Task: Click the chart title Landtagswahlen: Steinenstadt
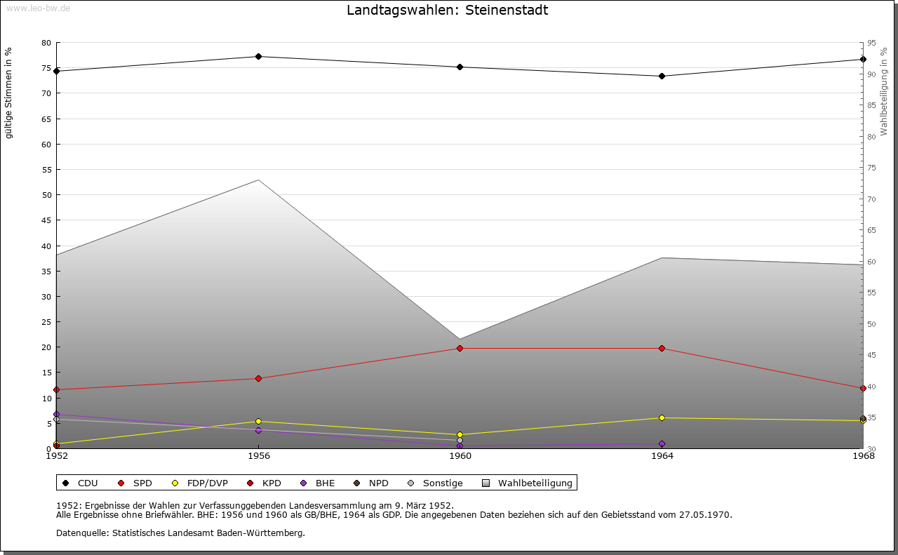click(x=447, y=11)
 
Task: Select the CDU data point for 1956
click(x=258, y=56)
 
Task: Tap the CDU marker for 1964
click(x=662, y=76)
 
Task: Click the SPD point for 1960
click(x=460, y=348)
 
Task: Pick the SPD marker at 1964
click(x=662, y=348)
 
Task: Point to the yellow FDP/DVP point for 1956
click(x=258, y=421)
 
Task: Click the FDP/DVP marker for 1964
click(x=662, y=417)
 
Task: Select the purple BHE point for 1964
click(x=662, y=443)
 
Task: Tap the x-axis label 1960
click(x=460, y=456)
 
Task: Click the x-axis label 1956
click(x=258, y=456)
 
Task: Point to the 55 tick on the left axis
click(x=46, y=170)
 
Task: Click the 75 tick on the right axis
click(x=871, y=168)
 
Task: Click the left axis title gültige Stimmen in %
click(x=9, y=93)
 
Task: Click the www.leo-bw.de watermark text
click(x=38, y=8)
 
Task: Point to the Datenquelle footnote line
click(x=180, y=533)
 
